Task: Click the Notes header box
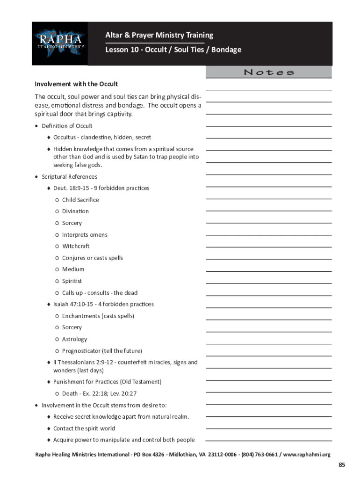point(269,72)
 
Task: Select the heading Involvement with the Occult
point(76,84)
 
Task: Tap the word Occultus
point(65,138)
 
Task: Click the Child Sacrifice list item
point(80,200)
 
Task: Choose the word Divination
point(75,211)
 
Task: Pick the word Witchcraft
point(76,246)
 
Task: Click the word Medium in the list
point(73,269)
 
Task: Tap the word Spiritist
point(72,281)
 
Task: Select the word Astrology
point(74,339)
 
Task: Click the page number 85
point(342,464)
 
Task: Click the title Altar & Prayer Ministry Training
point(159,35)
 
